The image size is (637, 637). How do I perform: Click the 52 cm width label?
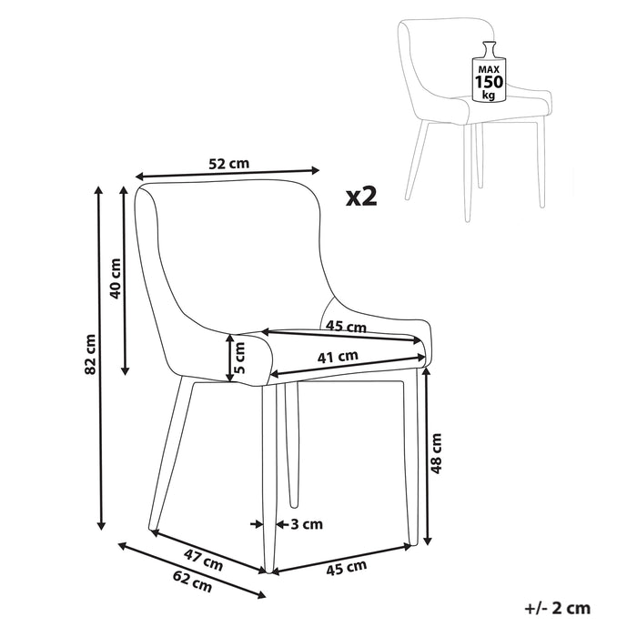pyautogui.click(x=228, y=164)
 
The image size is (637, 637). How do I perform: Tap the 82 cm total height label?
pyautogui.click(x=90, y=355)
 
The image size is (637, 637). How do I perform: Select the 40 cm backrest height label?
pyautogui.click(x=115, y=278)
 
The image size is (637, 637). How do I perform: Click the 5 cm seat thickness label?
pyautogui.click(x=240, y=359)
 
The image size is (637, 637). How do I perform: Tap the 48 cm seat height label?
pyautogui.click(x=436, y=453)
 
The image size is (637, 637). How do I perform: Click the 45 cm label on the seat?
pyautogui.click(x=346, y=327)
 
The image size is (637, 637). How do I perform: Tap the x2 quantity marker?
pyautogui.click(x=360, y=195)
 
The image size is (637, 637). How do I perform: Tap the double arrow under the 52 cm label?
pyautogui.click(x=227, y=174)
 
